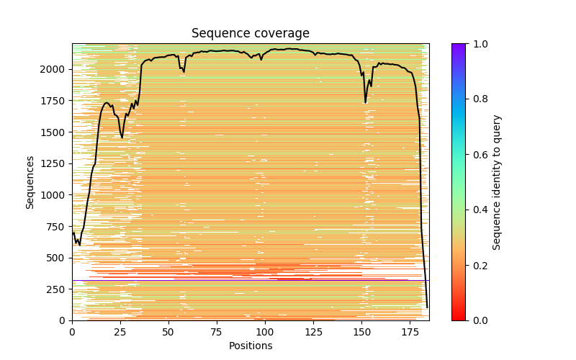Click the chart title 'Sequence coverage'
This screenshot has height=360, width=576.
pyautogui.click(x=250, y=34)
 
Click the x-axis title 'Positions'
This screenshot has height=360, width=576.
pyautogui.click(x=250, y=346)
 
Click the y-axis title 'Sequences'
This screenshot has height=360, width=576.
pyautogui.click(x=30, y=181)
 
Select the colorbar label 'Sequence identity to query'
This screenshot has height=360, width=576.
pyautogui.click(x=497, y=181)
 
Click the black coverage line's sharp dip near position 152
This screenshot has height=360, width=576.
pyautogui.click(x=365, y=102)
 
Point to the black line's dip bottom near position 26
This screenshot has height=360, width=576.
pyautogui.click(x=122, y=138)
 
